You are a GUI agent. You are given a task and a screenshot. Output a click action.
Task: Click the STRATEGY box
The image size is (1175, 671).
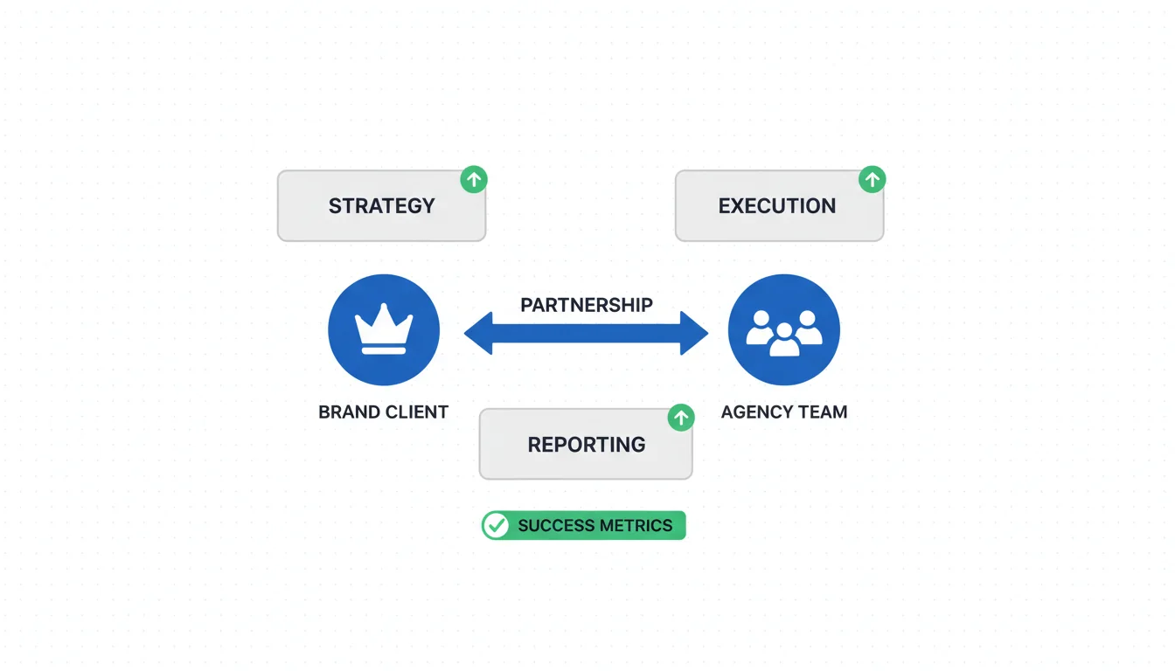click(x=381, y=206)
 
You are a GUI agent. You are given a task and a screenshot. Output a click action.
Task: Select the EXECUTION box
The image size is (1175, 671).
click(x=778, y=206)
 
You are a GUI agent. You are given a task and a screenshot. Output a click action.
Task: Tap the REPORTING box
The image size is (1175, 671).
click(x=586, y=444)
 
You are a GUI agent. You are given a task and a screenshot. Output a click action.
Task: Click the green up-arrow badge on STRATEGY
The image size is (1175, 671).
click(x=474, y=180)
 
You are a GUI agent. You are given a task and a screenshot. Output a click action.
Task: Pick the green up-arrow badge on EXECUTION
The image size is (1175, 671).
click(x=872, y=180)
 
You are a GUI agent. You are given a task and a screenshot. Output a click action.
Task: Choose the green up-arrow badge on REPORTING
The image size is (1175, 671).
click(x=681, y=418)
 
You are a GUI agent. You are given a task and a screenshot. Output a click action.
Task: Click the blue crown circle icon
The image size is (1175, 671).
click(x=384, y=330)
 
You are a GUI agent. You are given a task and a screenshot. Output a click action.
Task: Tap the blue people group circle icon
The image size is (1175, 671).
click(x=784, y=330)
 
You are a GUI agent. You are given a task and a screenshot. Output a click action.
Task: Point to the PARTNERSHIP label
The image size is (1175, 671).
click(x=586, y=305)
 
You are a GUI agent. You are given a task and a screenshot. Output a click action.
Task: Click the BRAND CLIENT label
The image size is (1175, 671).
click(x=383, y=412)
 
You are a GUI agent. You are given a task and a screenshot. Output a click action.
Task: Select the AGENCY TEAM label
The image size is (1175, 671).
click(x=784, y=412)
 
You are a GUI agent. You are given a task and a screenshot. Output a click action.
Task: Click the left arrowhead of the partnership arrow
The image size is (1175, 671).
click(x=479, y=334)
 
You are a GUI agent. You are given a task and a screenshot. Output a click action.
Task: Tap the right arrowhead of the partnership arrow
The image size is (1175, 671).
click(x=693, y=334)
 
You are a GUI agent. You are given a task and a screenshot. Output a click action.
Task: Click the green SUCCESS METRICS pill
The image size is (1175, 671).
click(x=584, y=525)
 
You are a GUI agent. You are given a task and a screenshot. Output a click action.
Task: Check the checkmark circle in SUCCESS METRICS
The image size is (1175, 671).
click(x=497, y=525)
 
